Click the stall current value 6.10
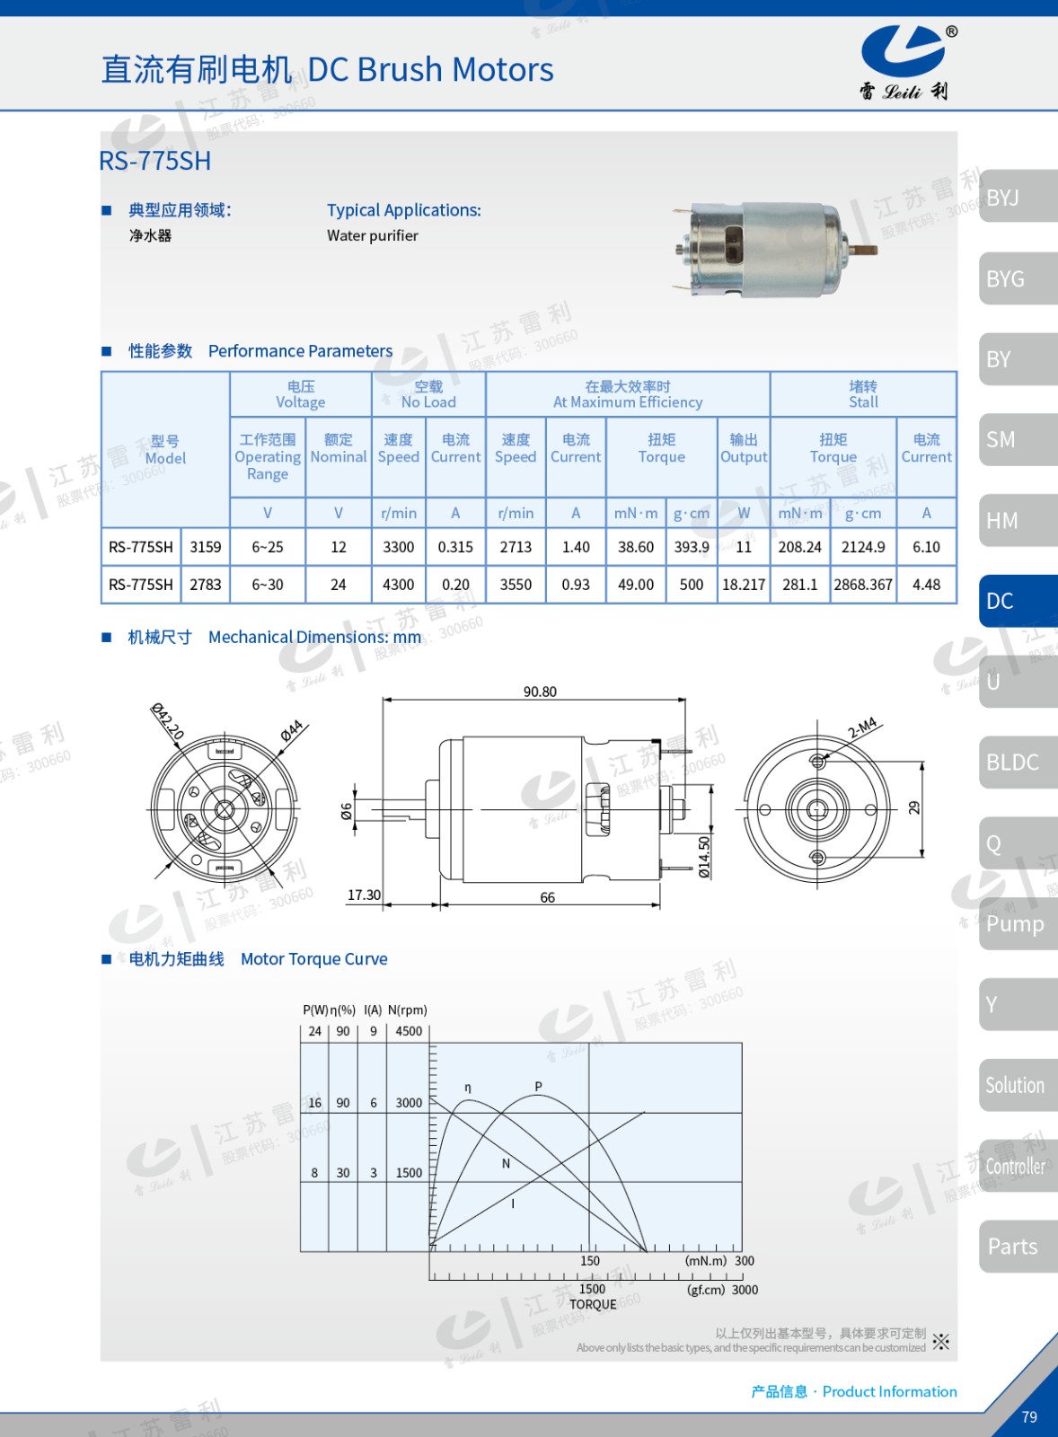(926, 547)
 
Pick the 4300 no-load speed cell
(399, 585)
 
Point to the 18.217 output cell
(744, 585)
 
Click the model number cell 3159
(206, 547)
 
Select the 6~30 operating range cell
(268, 585)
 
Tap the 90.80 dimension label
(541, 692)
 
